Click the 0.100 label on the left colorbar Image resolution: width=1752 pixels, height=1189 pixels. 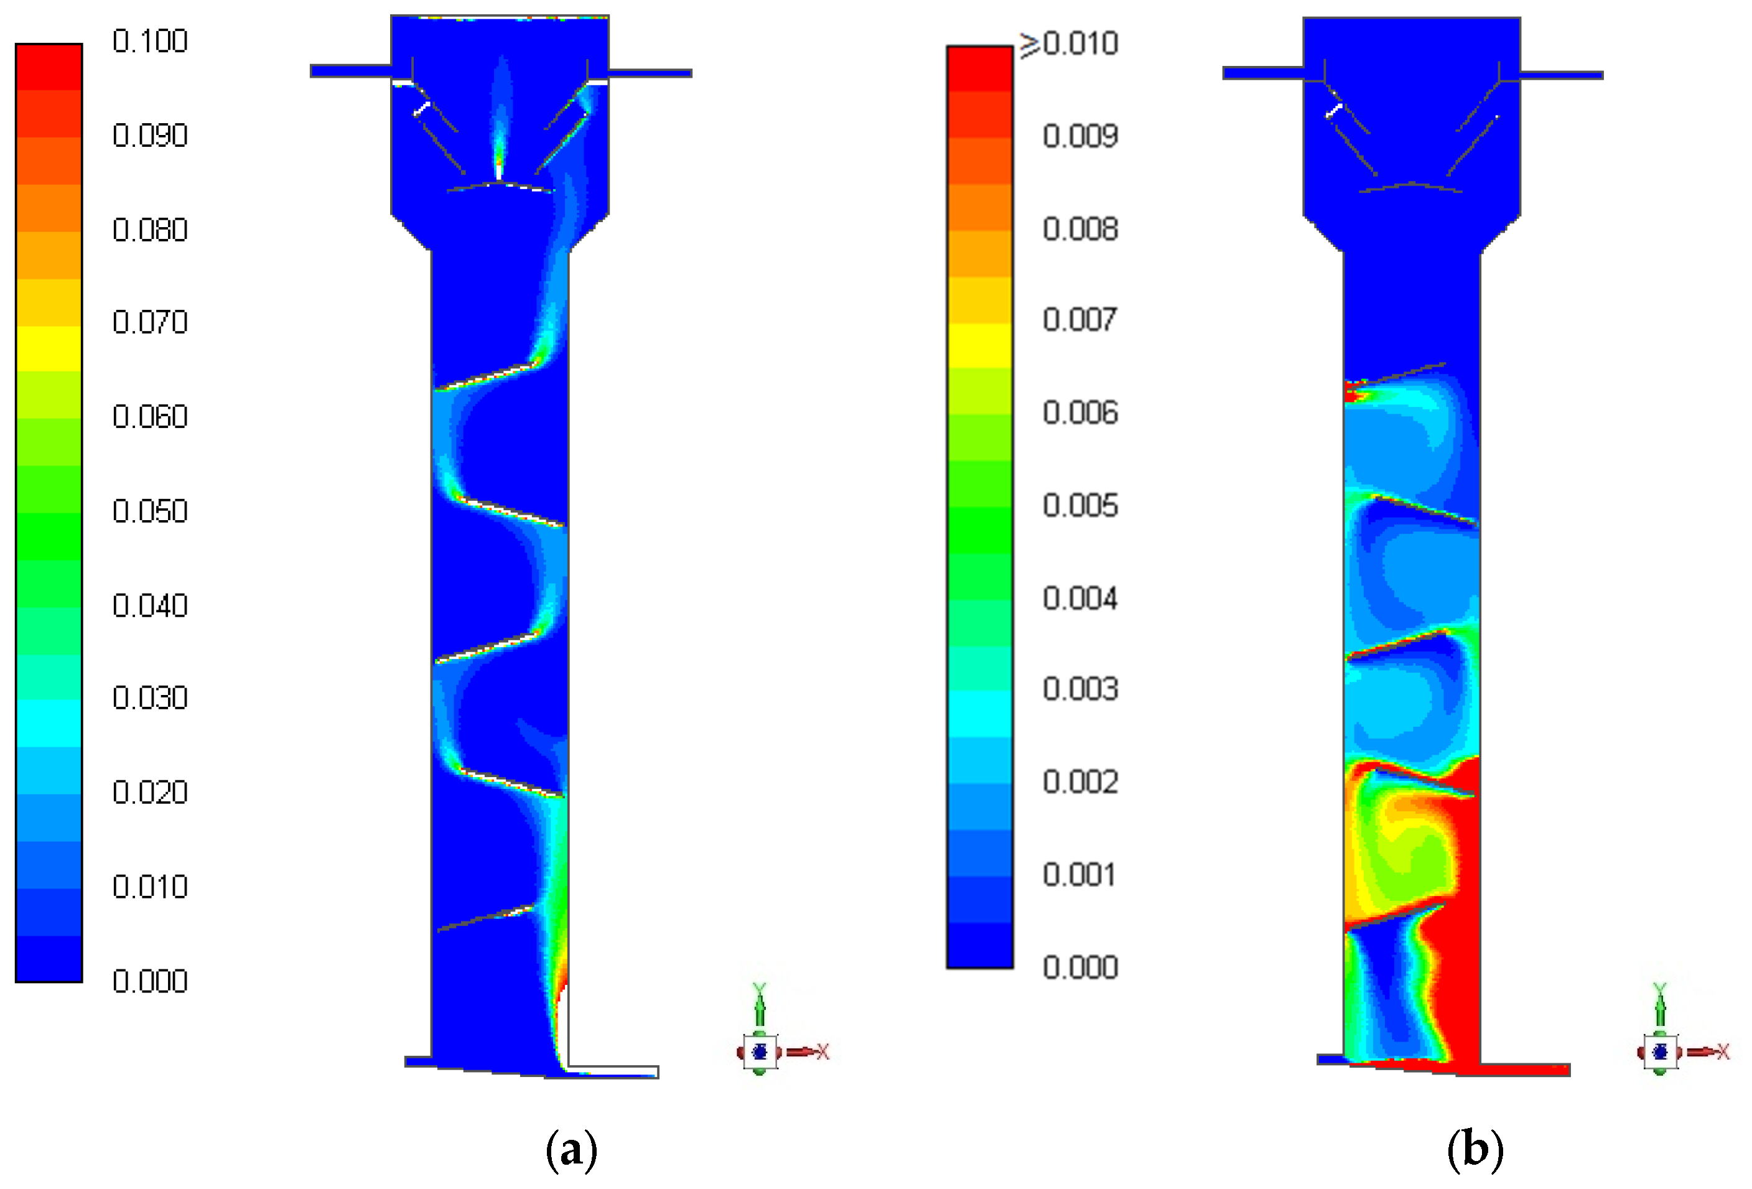[x=149, y=40]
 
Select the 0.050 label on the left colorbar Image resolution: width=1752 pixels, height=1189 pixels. [x=149, y=511]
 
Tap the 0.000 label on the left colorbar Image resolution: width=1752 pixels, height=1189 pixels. [x=149, y=981]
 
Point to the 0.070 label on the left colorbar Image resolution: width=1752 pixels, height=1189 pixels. [x=149, y=322]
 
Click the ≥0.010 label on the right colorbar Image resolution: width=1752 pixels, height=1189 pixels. [x=1069, y=44]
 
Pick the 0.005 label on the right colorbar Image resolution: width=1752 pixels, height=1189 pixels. [x=1079, y=505]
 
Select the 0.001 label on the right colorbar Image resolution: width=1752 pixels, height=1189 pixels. [x=1079, y=875]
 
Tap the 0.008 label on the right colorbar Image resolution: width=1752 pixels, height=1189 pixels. [x=1079, y=228]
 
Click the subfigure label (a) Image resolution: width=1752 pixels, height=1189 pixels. [x=571, y=1150]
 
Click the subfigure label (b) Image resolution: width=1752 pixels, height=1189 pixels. [x=1475, y=1150]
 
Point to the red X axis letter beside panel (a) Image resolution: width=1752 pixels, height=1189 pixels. [x=822, y=1051]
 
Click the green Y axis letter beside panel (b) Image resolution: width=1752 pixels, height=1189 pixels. [x=1659, y=989]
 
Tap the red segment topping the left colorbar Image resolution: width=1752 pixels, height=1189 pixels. [x=49, y=67]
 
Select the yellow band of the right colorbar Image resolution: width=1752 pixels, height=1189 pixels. [x=979, y=345]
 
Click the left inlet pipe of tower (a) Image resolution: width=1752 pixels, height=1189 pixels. [x=350, y=71]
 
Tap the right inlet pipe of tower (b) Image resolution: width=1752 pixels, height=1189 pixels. [x=1560, y=75]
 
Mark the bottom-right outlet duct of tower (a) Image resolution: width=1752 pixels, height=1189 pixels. [x=612, y=1071]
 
